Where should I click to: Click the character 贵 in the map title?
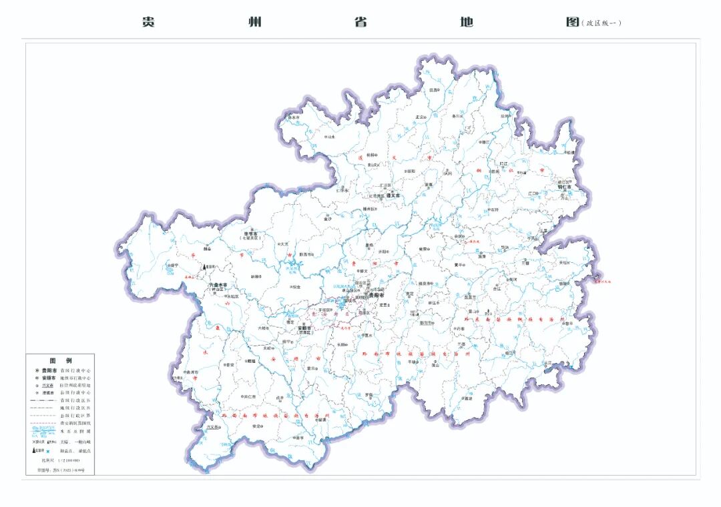pos(148,21)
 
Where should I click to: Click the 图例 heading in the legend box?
pos(61,360)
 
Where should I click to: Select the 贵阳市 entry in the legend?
pos(49,369)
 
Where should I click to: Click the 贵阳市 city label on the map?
pos(377,294)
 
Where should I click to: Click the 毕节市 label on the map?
pos(252,233)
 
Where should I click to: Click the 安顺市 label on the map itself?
pos(306,328)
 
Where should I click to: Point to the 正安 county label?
pos(420,117)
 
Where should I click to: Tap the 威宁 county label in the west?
pos(173,266)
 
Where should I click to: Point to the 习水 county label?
pos(328,136)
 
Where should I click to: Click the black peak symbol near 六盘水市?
pos(205,266)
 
